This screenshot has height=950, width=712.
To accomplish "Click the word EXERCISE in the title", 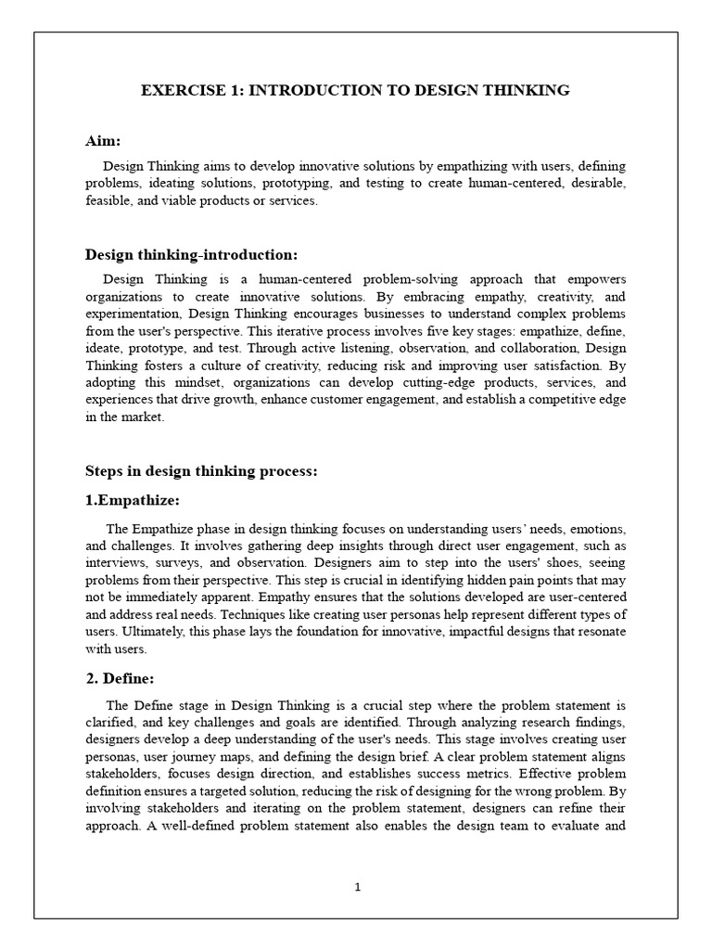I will pos(175,90).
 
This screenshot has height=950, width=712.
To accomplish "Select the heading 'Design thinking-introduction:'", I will pos(192,254).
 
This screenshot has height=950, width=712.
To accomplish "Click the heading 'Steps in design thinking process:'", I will pos(201,471).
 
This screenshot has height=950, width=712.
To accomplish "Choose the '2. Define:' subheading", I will pos(121,678).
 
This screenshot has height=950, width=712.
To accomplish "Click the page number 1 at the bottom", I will pos(357,887).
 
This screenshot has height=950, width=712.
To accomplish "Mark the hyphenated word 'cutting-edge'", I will pos(420,384).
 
